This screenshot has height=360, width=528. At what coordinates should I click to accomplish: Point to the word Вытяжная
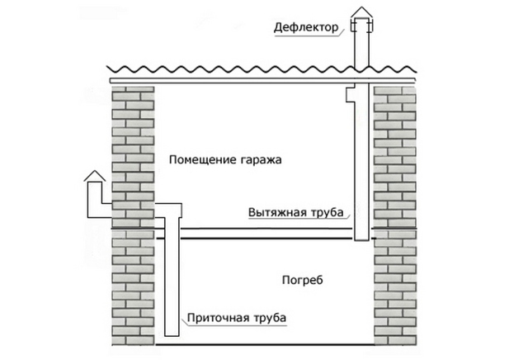[x=278, y=211]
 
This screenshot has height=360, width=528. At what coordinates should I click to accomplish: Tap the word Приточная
[x=217, y=316]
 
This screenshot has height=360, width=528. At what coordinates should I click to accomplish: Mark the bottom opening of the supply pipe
[x=172, y=334]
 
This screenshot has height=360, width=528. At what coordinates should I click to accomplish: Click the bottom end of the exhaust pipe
[x=361, y=239]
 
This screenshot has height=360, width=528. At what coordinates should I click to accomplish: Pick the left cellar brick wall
[x=132, y=289]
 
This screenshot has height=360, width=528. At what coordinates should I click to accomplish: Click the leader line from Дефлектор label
[x=346, y=28]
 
